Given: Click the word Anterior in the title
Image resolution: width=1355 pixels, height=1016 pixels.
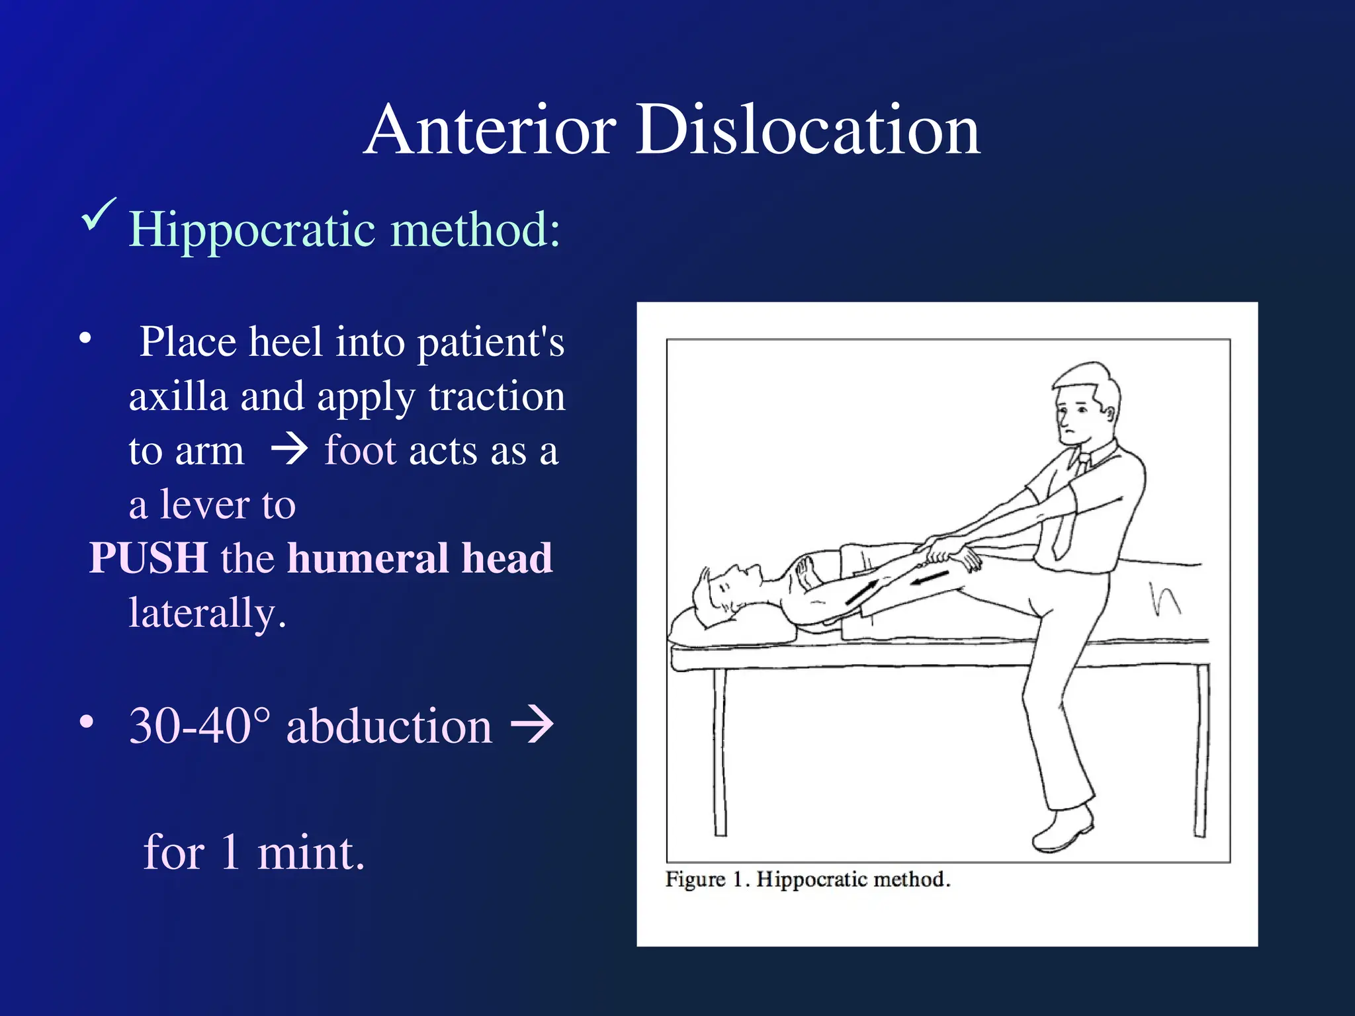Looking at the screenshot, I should pos(490,130).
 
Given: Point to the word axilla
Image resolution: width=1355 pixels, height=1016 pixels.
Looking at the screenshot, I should pos(178,397).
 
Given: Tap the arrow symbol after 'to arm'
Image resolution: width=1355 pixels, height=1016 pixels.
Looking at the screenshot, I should pos(289,450).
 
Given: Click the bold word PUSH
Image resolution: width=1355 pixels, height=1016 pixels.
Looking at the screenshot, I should pos(148,558).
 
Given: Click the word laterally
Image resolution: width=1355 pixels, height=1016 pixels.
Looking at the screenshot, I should pos(206,613).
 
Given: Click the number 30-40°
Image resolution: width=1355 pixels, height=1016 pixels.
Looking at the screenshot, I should pos(199,726).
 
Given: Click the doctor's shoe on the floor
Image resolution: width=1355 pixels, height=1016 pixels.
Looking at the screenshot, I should pos(1062,830).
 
